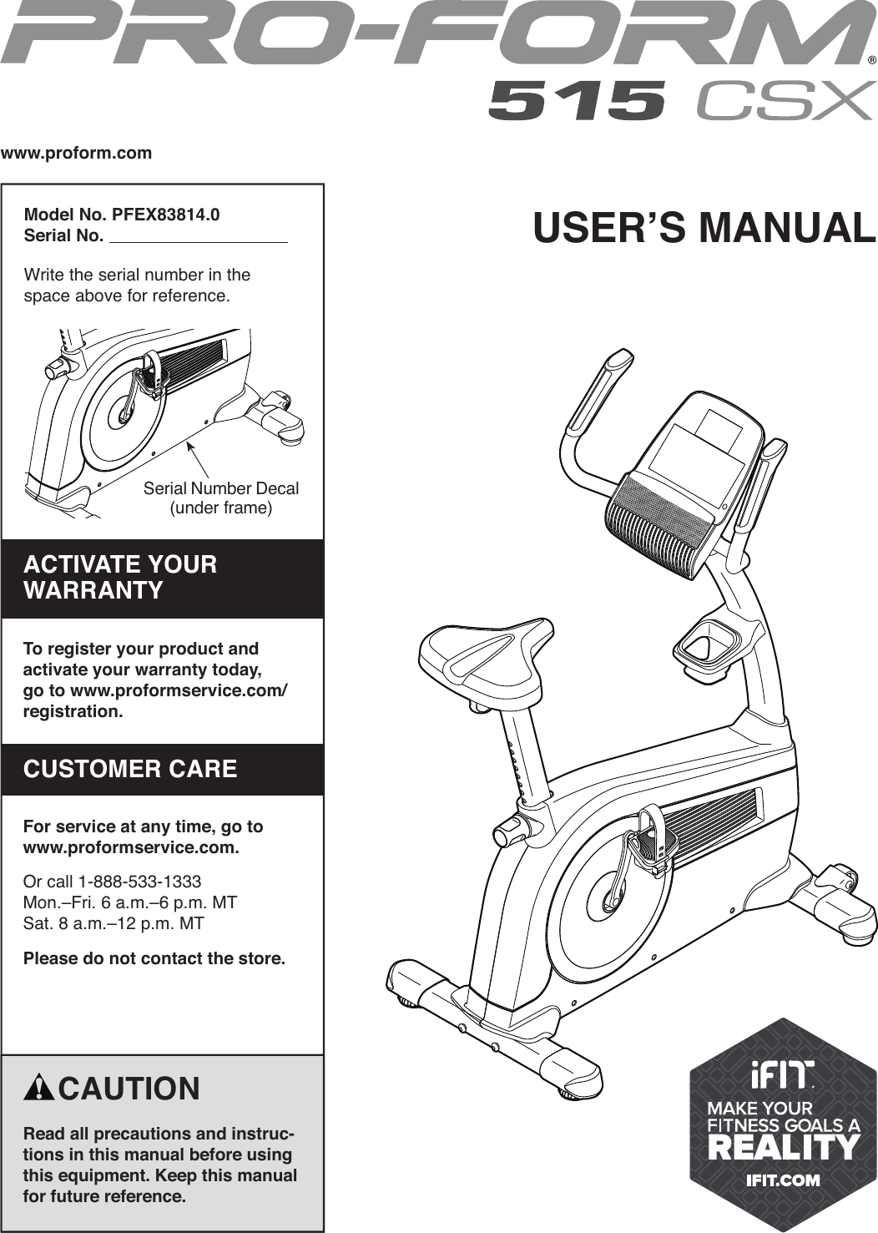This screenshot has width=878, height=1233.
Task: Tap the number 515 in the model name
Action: pos(577,101)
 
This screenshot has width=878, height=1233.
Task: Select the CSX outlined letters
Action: pos(785,101)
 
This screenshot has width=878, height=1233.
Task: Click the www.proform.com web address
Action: pos(77,153)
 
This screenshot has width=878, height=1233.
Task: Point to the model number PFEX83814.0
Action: pos(165,215)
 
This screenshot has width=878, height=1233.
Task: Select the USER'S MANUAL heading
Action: pos(704,228)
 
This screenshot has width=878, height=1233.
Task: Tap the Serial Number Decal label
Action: pos(221,489)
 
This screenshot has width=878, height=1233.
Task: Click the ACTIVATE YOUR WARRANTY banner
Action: pos(162,578)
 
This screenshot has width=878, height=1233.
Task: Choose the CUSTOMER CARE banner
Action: pos(162,769)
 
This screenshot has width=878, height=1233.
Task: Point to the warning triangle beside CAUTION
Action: pos(39,1089)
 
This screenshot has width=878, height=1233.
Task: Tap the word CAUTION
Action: pos(129,1089)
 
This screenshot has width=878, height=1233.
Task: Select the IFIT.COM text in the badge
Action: pos(782,1180)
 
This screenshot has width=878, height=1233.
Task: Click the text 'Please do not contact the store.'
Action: pos(154,958)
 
